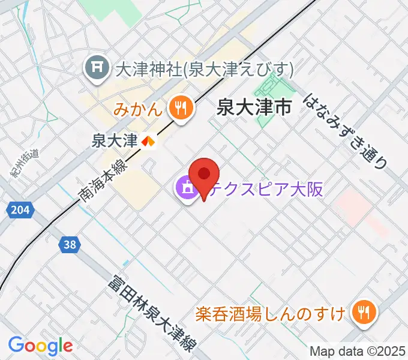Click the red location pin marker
[205, 176]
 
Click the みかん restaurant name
[137, 109]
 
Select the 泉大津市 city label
[254, 108]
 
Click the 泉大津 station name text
[114, 142]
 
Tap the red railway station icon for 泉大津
[148, 142]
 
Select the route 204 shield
[22, 211]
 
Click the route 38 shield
[70, 244]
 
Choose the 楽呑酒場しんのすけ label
[271, 313]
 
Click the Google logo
[40, 346]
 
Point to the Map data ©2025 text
[357, 351]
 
